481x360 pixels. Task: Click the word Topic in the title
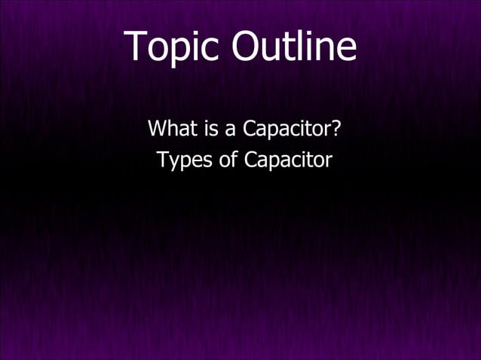(x=173, y=47)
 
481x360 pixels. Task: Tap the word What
(x=172, y=129)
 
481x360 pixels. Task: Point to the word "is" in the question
(x=208, y=129)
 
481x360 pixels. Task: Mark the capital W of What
(x=158, y=129)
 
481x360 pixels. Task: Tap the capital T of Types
(x=162, y=160)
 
